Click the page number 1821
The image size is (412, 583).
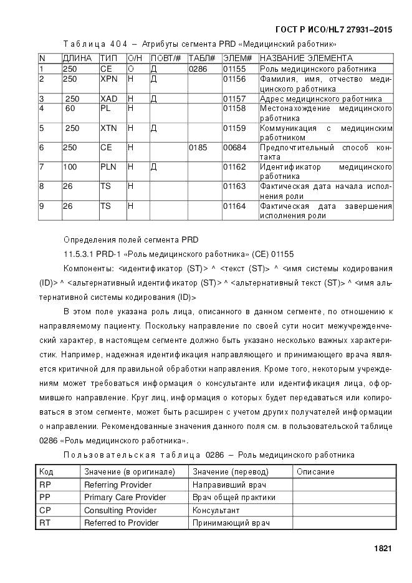[382, 549]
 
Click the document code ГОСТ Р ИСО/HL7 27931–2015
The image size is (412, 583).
[333, 29]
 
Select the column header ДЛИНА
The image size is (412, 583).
[77, 58]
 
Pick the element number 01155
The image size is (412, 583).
[234, 69]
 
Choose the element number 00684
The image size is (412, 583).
[234, 148]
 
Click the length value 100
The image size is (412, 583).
[70, 167]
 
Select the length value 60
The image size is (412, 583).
[70, 108]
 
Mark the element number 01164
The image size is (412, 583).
[234, 206]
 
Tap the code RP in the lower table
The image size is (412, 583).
[45, 484]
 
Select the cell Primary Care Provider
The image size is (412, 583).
[125, 497]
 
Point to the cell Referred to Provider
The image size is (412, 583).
[122, 523]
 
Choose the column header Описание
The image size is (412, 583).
[315, 471]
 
